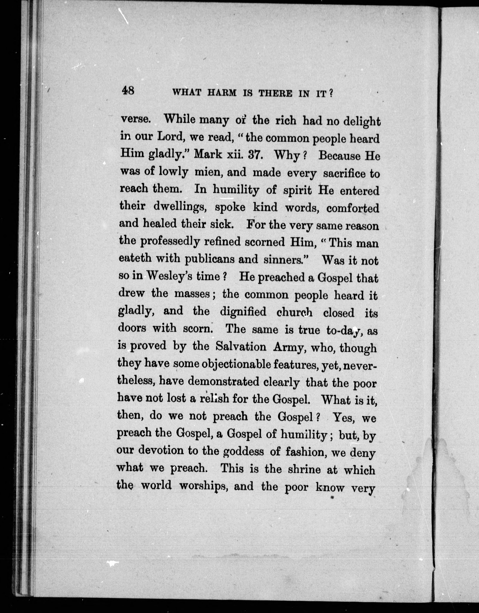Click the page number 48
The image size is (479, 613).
[x=128, y=91]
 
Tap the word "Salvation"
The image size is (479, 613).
[x=241, y=347]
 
